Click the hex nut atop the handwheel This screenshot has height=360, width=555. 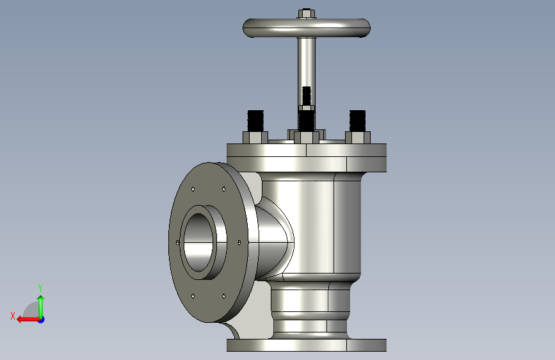(x=307, y=13)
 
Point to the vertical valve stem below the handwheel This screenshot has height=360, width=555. (x=307, y=62)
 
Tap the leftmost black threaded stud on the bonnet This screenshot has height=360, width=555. (x=255, y=121)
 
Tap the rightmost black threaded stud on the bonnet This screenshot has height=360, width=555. (x=357, y=121)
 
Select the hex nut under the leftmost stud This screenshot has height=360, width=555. (x=255, y=138)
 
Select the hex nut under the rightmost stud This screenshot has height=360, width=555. (x=358, y=138)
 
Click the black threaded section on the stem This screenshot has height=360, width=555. (x=307, y=95)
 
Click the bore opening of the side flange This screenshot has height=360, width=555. (x=198, y=242)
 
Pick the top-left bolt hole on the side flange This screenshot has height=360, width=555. (x=193, y=189)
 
